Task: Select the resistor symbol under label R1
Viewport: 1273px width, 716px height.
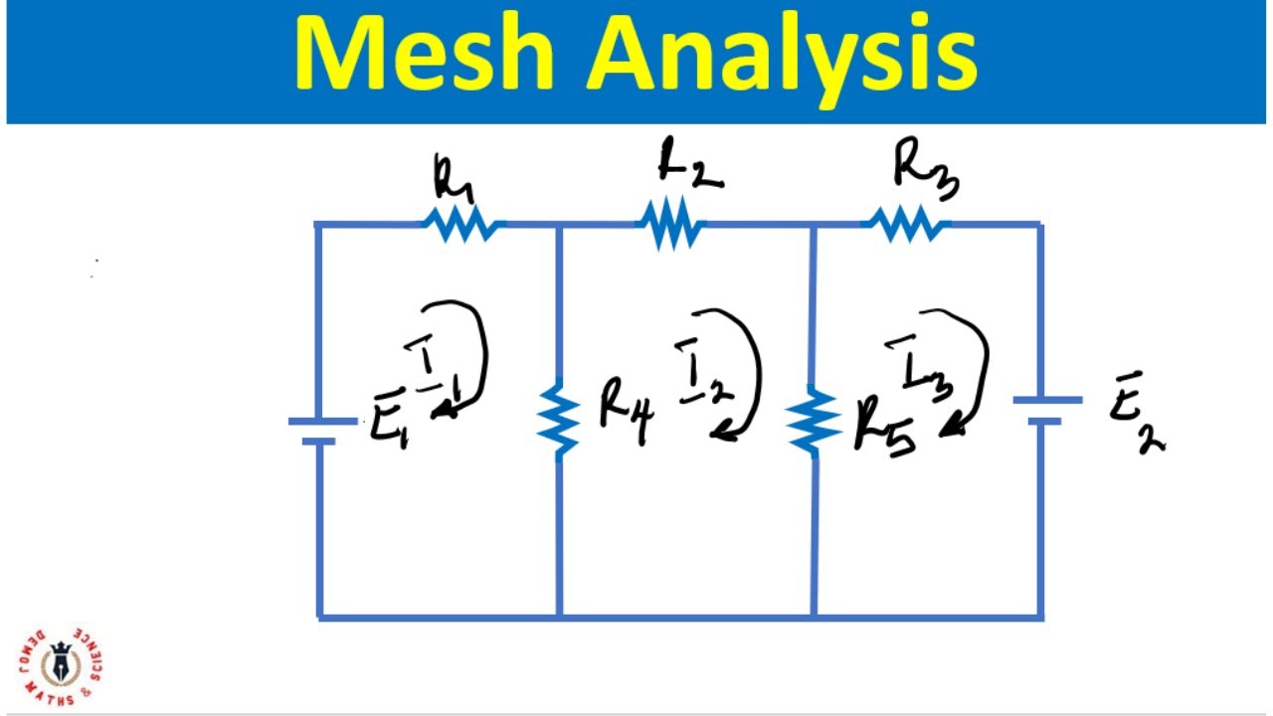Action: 462,225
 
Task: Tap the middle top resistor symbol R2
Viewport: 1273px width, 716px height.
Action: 670,224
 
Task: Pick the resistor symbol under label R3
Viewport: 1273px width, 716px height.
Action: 906,224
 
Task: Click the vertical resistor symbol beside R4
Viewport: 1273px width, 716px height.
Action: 560,423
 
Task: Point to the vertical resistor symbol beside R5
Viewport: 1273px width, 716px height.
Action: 814,422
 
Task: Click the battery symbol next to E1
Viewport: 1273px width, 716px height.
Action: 320,431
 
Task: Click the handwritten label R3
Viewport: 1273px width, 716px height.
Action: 924,168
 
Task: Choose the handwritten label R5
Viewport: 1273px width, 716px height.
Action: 885,431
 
